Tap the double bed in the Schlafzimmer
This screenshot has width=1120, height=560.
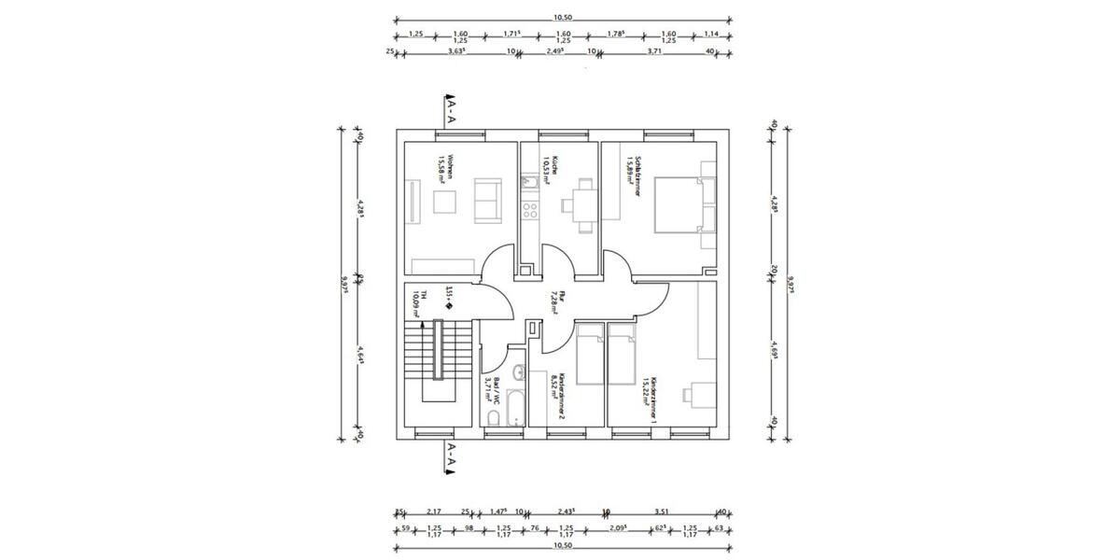click(679, 203)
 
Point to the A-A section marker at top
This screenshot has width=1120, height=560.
click(449, 111)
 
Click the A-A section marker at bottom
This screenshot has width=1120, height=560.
click(449, 457)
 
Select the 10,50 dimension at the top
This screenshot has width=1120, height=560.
click(563, 16)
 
